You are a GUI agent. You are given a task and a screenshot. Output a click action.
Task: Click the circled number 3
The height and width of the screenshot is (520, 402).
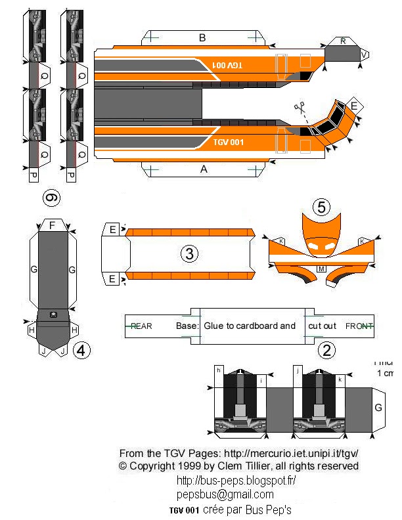pyautogui.click(x=188, y=253)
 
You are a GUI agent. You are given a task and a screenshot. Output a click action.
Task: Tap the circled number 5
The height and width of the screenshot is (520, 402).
pyautogui.click(x=321, y=207)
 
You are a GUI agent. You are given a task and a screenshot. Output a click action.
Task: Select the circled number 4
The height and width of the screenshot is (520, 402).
pyautogui.click(x=81, y=351)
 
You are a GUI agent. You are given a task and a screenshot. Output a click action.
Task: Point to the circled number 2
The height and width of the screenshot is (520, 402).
pyautogui.click(x=326, y=351)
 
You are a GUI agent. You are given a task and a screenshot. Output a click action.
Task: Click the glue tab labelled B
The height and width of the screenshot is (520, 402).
pyautogui.click(x=202, y=37)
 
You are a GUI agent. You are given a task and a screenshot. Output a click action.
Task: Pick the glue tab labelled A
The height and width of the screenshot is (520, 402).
pyautogui.click(x=204, y=169)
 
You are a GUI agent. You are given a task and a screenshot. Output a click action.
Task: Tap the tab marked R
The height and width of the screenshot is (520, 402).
pyautogui.click(x=343, y=41)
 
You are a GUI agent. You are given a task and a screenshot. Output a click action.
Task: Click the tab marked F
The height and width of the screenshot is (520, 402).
pyautogui.click(x=52, y=225)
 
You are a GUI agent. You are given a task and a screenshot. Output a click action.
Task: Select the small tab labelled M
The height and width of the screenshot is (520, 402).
pyautogui.click(x=322, y=269)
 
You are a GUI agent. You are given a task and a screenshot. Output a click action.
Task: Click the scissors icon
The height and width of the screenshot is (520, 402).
pyautogui.click(x=300, y=108)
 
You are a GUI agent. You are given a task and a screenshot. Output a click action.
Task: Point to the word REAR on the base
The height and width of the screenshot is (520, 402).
pyautogui.click(x=141, y=326)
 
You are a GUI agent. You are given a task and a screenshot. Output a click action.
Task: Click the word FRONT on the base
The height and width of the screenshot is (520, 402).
pyautogui.click(x=359, y=326)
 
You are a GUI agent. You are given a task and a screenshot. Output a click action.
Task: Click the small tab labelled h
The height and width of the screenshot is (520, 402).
pyautogui.click(x=218, y=371)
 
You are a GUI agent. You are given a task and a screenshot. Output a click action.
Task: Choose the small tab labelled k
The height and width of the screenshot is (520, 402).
pyautogui.click(x=340, y=379)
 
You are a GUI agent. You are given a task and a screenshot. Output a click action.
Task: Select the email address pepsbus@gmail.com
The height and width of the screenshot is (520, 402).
pyautogui.click(x=225, y=494)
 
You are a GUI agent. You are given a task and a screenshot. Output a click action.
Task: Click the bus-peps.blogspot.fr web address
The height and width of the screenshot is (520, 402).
pyautogui.click(x=236, y=480)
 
